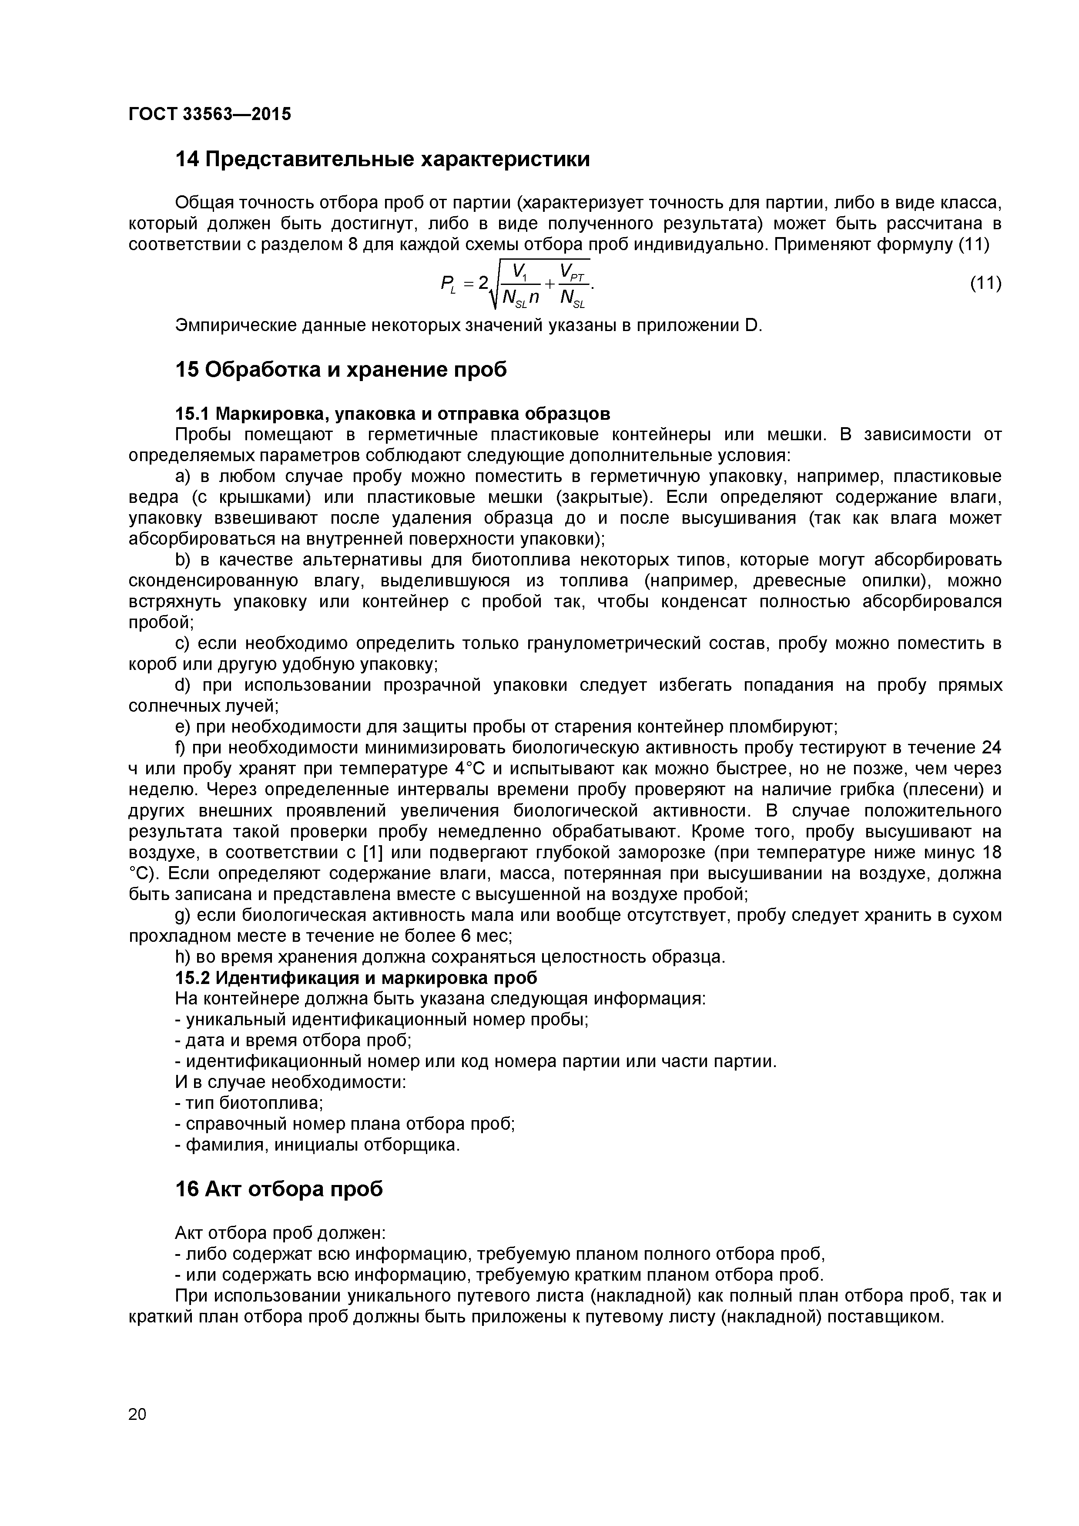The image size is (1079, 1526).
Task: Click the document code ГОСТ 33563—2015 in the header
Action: click(x=209, y=114)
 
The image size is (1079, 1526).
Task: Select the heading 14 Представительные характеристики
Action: click(x=382, y=160)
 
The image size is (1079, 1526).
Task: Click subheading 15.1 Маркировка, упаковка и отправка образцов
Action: click(x=392, y=413)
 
